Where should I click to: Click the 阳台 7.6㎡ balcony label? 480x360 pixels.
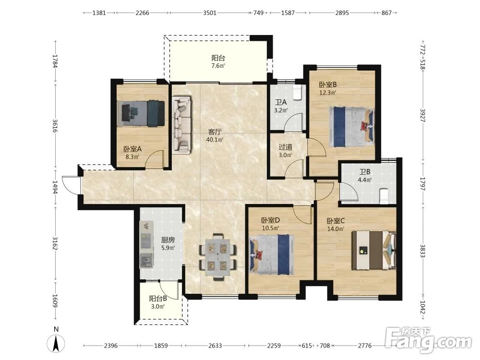coord(218,61)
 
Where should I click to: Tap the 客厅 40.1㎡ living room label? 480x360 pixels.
coord(215,136)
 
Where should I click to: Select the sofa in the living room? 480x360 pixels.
coord(182,125)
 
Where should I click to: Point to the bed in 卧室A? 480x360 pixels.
coord(141,113)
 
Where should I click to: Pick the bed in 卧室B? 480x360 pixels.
coord(352,127)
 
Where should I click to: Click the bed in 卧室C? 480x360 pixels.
coord(374,251)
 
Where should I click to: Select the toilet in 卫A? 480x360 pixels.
coord(297,92)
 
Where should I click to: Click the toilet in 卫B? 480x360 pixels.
coord(384,196)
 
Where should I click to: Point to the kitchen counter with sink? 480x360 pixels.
coord(146,245)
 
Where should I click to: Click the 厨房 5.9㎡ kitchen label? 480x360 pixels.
coord(168,244)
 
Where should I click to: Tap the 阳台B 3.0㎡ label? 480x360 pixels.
coord(158,302)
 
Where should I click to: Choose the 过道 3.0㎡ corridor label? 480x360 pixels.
coord(285,151)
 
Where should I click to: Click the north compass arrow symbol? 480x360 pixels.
coord(56,343)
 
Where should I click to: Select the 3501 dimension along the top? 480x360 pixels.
coord(210,13)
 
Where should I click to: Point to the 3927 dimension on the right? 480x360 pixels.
coord(423,115)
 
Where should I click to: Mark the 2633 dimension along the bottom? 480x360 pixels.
coord(215,346)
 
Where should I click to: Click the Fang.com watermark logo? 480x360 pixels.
coord(429,340)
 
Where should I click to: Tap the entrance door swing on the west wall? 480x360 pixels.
coord(71,185)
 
